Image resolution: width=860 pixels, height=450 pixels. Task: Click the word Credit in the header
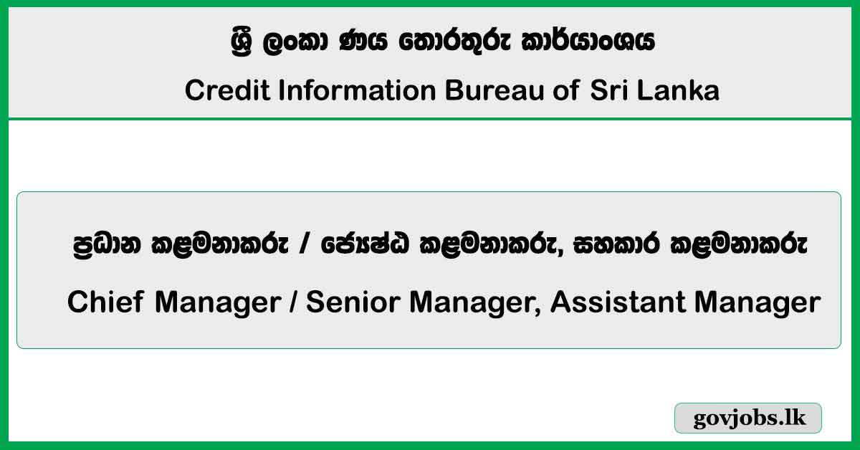click(x=216, y=91)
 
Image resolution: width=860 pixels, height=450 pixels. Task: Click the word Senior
click(x=349, y=303)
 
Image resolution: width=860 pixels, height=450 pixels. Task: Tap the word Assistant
click(x=609, y=303)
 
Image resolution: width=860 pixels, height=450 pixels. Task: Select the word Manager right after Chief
click(x=217, y=303)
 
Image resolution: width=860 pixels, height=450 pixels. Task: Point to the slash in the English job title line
click(x=294, y=303)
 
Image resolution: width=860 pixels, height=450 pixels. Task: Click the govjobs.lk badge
click(x=748, y=418)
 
